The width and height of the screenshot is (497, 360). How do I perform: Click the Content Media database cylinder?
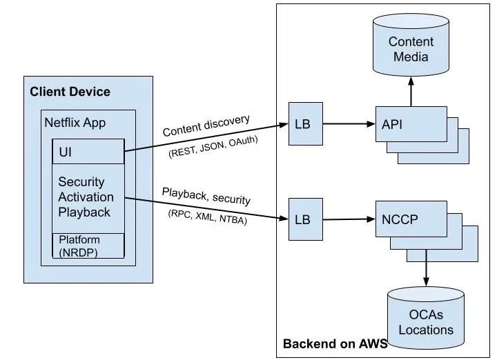[x=411, y=49]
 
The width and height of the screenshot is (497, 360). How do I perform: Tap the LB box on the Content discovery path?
[x=302, y=124]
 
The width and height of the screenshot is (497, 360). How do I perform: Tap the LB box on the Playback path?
[x=302, y=220]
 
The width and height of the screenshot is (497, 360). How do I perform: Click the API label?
[x=393, y=124]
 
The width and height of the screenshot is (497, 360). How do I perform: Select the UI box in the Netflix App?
[x=88, y=151]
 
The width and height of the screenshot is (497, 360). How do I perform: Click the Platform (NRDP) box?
[x=88, y=246]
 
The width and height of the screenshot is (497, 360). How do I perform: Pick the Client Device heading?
[x=70, y=92]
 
